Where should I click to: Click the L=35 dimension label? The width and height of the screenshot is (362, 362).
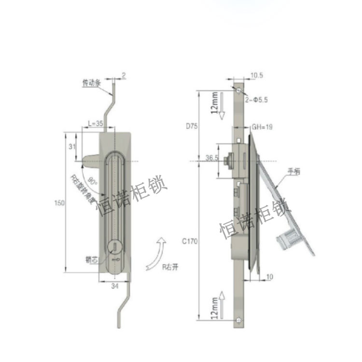tap(95, 123)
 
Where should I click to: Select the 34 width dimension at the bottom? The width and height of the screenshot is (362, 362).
tap(115, 287)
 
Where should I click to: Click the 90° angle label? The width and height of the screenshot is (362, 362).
tap(93, 182)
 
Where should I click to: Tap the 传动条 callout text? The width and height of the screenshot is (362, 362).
tap(91, 84)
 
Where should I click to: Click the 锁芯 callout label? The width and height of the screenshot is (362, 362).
tap(92, 259)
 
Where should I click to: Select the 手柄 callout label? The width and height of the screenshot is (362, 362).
tap(294, 171)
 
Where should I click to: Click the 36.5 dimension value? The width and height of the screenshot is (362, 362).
tap(211, 158)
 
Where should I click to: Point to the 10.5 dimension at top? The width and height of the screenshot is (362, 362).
tap(256, 75)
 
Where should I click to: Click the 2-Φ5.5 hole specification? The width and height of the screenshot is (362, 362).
tap(257, 99)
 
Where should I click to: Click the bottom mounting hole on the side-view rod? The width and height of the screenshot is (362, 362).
tap(240, 319)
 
